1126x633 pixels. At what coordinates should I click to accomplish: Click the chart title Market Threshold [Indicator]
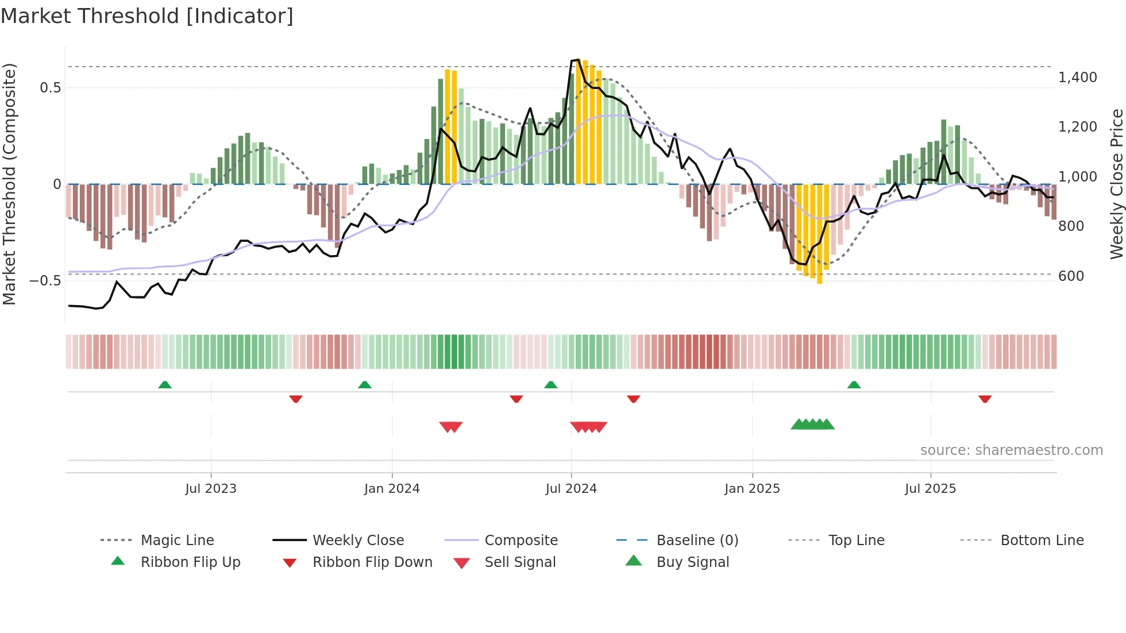tap(147, 16)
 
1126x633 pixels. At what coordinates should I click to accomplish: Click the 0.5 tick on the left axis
tap(50, 88)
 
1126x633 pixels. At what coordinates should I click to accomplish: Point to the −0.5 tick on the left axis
tap(45, 281)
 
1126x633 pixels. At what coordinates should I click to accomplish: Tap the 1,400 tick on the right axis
tap(1077, 78)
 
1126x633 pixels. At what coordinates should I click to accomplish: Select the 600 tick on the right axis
tap(1071, 276)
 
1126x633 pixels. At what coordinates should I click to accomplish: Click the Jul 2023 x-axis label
tap(211, 489)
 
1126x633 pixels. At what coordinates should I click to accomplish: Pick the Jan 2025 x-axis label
tap(752, 489)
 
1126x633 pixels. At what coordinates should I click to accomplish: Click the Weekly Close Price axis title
tap(1116, 184)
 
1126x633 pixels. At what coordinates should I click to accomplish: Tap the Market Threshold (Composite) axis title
tap(9, 184)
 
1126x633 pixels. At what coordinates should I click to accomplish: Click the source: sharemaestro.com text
tap(1011, 450)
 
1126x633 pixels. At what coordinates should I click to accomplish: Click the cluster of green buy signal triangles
tap(812, 424)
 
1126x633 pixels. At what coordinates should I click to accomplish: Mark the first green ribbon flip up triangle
tap(165, 384)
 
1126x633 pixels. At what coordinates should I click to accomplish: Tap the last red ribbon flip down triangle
tap(985, 399)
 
